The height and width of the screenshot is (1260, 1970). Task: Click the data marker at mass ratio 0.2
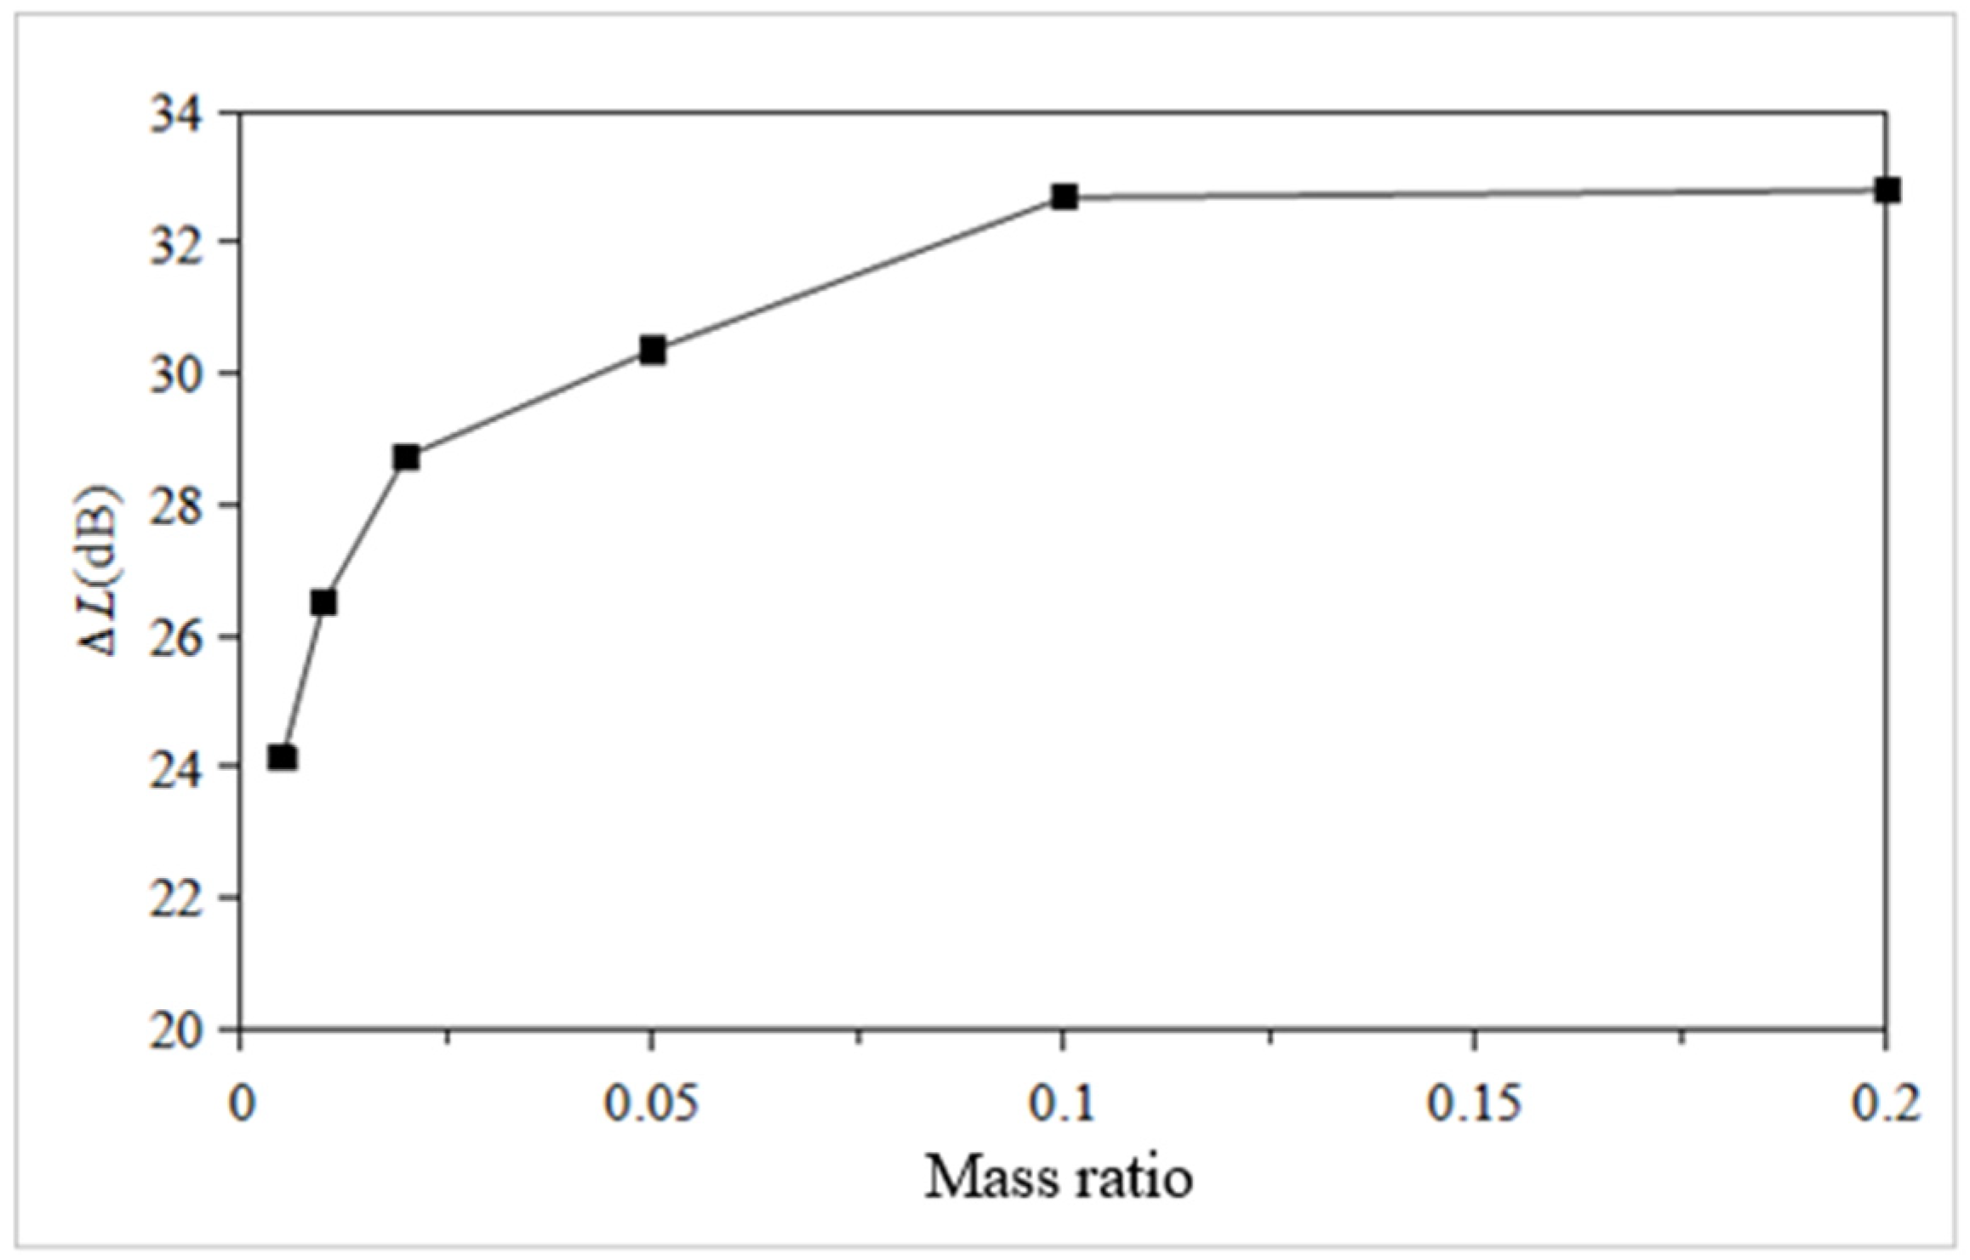[1887, 190]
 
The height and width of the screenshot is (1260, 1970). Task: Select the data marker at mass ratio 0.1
[1064, 197]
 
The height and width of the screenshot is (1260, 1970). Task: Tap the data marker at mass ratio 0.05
[652, 350]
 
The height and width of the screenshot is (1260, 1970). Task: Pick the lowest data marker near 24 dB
[283, 757]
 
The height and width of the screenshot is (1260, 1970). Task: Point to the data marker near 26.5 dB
[323, 602]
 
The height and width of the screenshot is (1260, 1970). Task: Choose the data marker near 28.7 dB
[406, 457]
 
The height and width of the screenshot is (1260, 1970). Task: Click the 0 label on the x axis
[243, 1105]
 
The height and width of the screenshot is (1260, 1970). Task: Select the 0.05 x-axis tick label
[652, 1105]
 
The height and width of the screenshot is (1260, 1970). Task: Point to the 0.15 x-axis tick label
[1474, 1105]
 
